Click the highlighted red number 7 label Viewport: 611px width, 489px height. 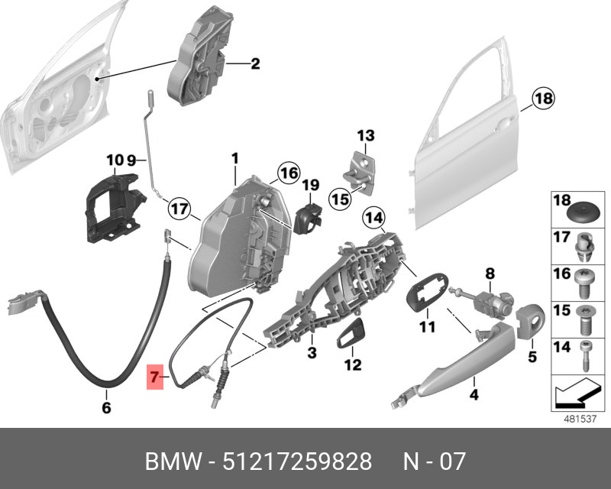[x=155, y=377]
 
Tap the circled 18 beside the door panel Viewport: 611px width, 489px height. [x=543, y=99]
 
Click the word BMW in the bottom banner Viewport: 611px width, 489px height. [x=173, y=462]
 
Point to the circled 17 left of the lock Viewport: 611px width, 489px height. [x=177, y=207]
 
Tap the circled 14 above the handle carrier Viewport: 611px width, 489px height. [x=373, y=219]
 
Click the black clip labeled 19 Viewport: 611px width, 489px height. [x=309, y=217]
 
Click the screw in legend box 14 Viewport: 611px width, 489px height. [x=584, y=354]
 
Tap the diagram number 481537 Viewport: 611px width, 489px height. [x=577, y=419]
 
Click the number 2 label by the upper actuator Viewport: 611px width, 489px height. [x=255, y=64]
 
